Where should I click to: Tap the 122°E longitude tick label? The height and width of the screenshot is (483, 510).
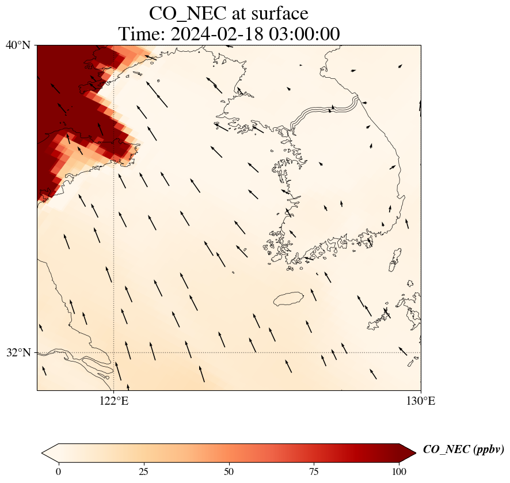(x=114, y=401)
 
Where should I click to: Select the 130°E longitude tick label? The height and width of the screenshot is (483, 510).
(x=421, y=401)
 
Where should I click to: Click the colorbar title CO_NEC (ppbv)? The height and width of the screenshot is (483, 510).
(x=463, y=450)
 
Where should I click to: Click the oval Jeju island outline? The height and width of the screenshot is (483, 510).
(x=292, y=299)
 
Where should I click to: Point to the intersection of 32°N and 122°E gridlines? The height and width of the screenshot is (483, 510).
(x=114, y=352)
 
